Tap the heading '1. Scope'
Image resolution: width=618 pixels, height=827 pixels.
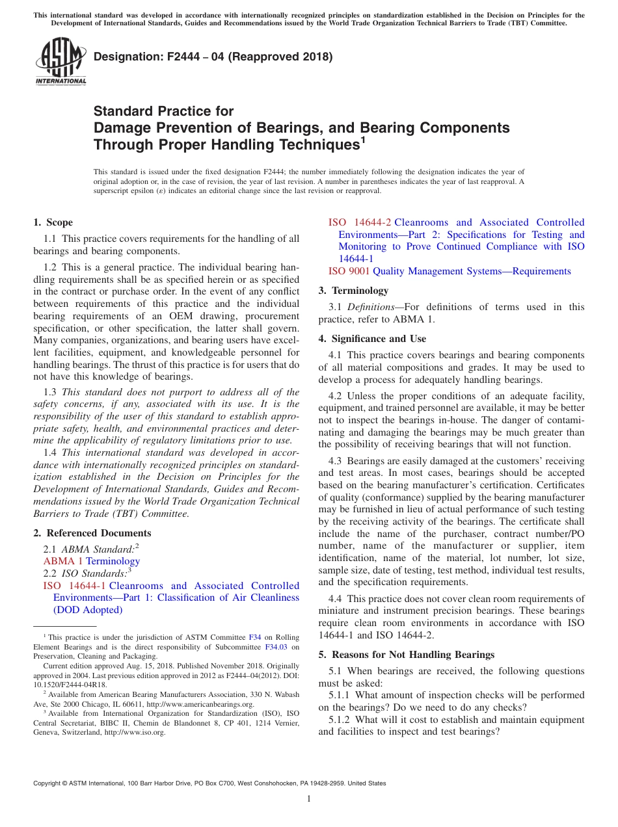[53, 222]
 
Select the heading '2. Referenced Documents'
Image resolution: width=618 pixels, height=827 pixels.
[92, 533]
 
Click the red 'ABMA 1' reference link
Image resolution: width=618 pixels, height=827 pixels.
[63, 561]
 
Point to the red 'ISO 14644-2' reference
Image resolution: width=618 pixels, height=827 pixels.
[360, 222]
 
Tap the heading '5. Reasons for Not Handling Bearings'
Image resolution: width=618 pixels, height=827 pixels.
[406, 655]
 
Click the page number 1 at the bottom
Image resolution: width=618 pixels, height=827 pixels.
[309, 799]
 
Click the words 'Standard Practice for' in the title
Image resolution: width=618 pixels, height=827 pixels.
[163, 111]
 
